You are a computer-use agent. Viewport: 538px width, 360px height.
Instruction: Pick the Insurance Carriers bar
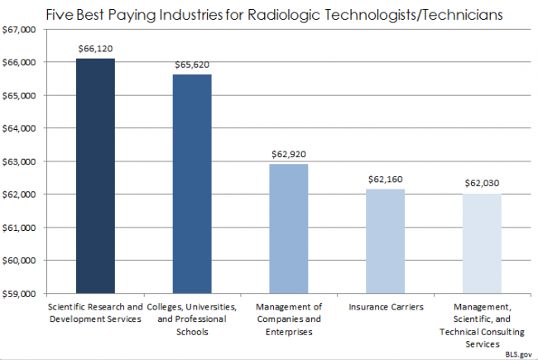click(x=385, y=241)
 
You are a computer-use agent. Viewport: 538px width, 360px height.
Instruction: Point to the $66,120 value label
click(x=95, y=48)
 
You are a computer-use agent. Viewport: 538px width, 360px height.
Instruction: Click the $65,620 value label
click(x=192, y=64)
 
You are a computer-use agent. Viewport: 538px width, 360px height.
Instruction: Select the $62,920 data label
click(x=289, y=153)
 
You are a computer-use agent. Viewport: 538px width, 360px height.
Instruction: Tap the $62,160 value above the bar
click(x=385, y=179)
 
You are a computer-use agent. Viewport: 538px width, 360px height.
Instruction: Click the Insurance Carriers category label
click(x=385, y=307)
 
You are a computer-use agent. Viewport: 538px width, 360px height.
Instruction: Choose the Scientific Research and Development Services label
click(x=95, y=313)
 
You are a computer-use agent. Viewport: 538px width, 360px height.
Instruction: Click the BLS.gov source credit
click(x=517, y=353)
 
